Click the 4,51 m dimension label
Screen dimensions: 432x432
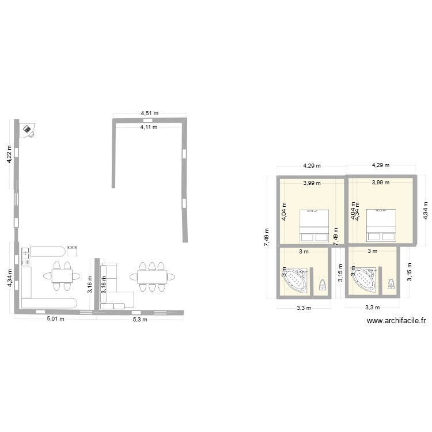point(150,113)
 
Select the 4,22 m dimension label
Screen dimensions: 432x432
point(9,154)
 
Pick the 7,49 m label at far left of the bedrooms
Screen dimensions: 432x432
point(267,236)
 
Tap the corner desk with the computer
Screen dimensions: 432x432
point(26,131)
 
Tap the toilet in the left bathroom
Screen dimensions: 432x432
point(323,285)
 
